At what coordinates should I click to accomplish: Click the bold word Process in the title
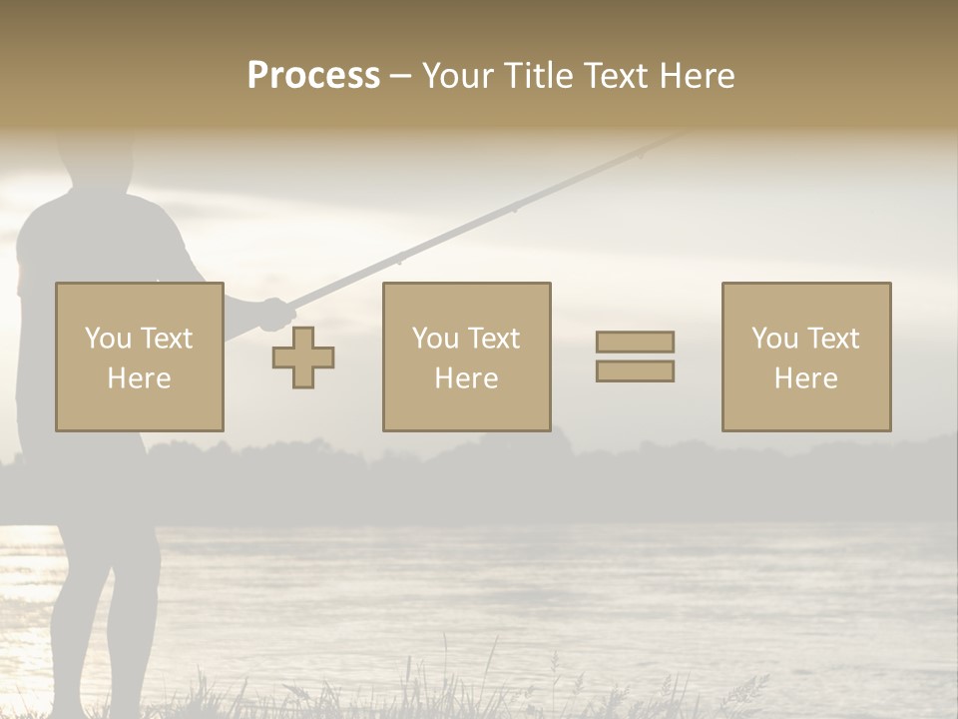pos(313,75)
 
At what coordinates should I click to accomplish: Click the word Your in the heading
pos(455,75)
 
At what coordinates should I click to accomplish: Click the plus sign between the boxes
pos(303,357)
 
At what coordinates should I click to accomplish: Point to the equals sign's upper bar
pos(635,342)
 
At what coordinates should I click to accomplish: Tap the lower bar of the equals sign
pos(635,370)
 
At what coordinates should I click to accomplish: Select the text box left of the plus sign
pos(139,357)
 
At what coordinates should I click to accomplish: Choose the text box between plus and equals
pos(466,357)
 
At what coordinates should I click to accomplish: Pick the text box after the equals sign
pos(805,357)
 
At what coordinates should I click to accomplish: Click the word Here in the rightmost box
pos(805,377)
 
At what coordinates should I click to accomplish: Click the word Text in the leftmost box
pos(166,339)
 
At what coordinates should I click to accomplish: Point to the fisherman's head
pos(96,160)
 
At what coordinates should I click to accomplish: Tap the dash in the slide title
pos(400,76)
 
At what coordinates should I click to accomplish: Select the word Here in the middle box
pos(466,377)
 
